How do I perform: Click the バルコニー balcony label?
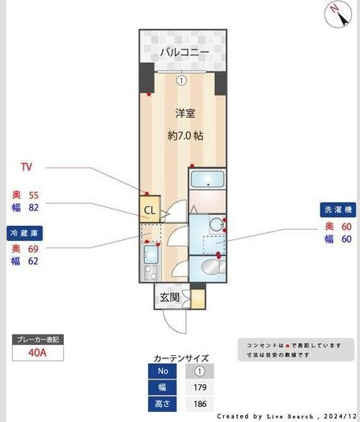click(184, 52)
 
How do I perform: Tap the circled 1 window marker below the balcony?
click(182, 80)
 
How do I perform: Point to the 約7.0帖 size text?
click(185, 135)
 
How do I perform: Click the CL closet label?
click(149, 209)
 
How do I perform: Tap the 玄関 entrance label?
click(169, 297)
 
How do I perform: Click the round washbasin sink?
click(212, 267)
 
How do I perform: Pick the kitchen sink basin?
click(149, 254)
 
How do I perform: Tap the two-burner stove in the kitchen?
click(149, 272)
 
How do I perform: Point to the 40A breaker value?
click(38, 354)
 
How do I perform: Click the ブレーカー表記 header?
click(38, 339)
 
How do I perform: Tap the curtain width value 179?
click(200, 387)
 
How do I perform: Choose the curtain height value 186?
click(200, 404)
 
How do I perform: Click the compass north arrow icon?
click(337, 13)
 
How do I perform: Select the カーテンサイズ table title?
click(182, 357)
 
